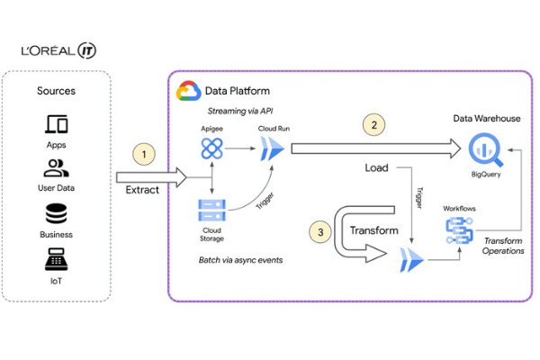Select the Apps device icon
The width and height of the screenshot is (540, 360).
pyautogui.click(x=56, y=123)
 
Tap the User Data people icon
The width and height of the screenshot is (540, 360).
pyautogui.click(x=56, y=167)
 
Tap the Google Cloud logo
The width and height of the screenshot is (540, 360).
pyautogui.click(x=188, y=91)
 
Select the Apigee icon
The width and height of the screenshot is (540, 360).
pyautogui.click(x=211, y=150)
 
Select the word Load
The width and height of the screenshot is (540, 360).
pyautogui.click(x=377, y=168)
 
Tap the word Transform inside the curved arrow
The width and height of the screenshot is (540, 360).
pyautogui.click(x=373, y=230)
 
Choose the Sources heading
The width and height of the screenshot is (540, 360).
pyautogui.click(x=56, y=91)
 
